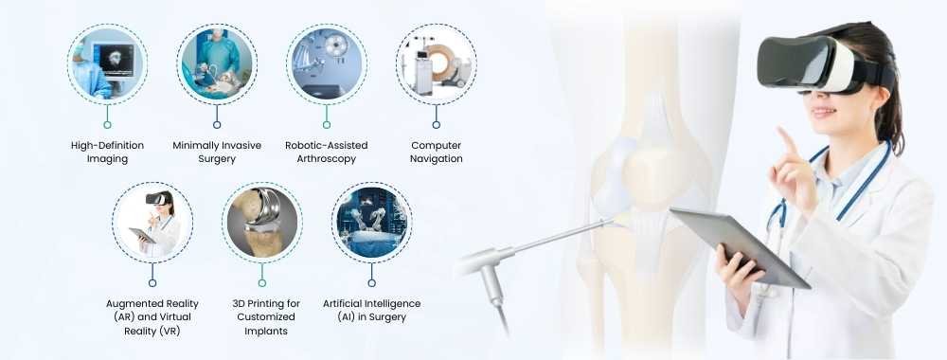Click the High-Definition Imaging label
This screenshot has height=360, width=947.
(107, 152)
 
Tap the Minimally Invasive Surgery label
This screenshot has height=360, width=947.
(217, 152)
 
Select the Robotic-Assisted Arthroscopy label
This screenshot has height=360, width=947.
(327, 152)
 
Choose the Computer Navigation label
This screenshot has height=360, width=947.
(437, 152)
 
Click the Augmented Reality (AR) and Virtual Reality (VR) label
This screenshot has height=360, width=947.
(152, 316)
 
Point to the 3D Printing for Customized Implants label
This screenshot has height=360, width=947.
(262, 316)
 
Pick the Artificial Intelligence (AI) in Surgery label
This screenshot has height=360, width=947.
(372, 310)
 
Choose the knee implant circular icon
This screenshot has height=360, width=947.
(262, 223)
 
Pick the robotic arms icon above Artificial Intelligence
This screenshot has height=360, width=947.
(372, 223)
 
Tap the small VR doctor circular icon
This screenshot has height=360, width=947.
(152, 223)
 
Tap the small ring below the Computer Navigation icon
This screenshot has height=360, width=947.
(437, 124)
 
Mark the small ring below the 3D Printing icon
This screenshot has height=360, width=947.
(262, 282)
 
